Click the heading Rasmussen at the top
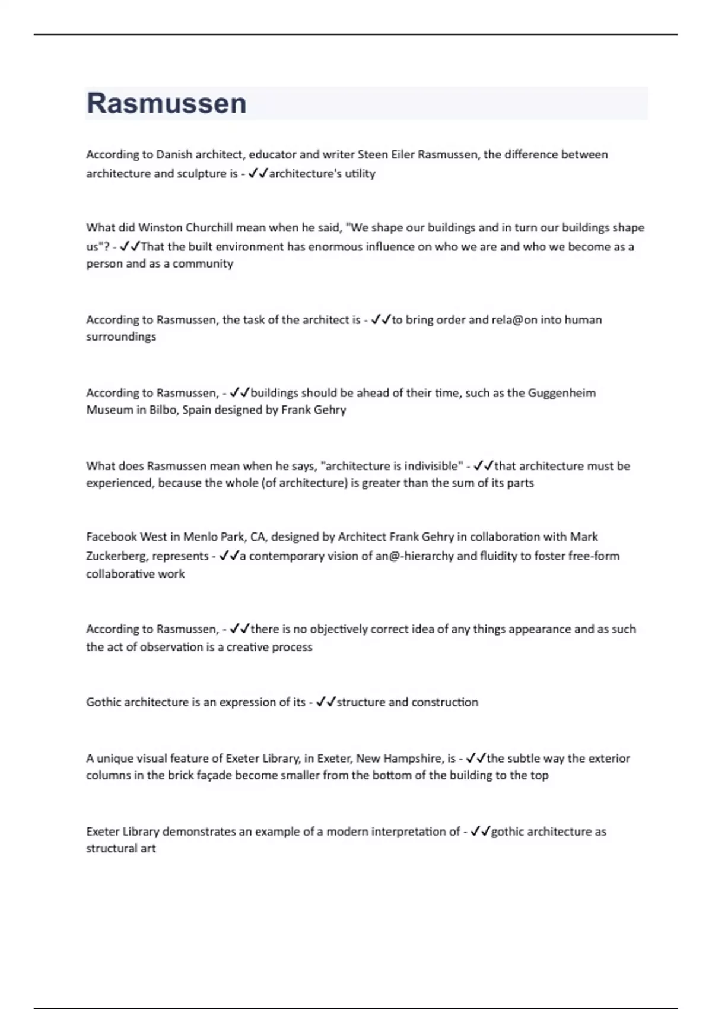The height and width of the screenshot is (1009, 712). pos(167,103)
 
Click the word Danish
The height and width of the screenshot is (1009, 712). pos(174,155)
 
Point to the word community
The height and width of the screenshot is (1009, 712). pos(203,264)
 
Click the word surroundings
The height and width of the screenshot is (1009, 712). pos(121,337)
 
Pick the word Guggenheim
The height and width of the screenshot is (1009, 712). pos(562,393)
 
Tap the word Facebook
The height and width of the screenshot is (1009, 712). pos(112,537)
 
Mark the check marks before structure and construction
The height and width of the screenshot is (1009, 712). pos(326,702)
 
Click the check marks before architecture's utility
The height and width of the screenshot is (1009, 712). pos(258,174)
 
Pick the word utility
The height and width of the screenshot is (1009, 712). pos(360,174)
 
